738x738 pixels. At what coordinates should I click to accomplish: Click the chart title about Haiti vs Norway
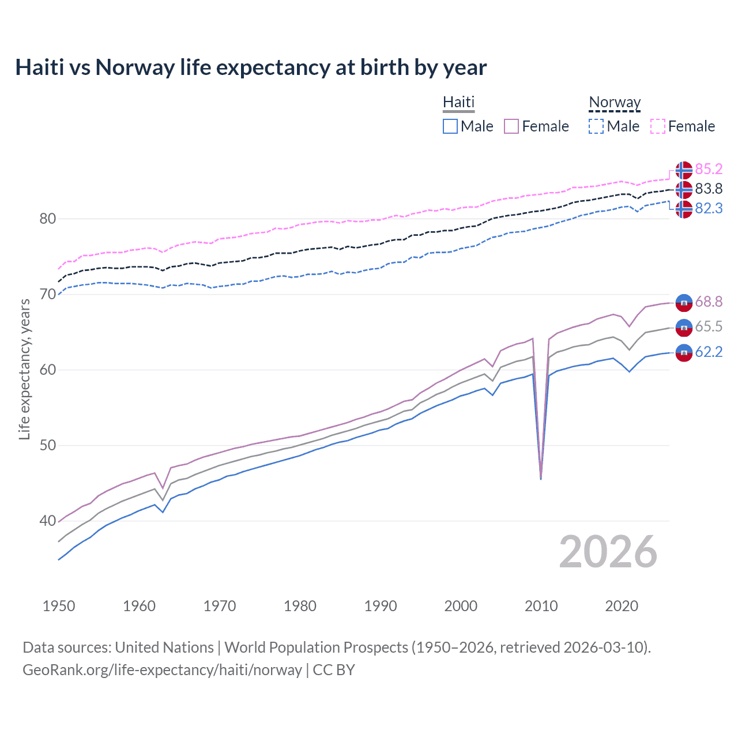coord(251,67)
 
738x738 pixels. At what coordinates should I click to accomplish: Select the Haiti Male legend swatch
coord(450,126)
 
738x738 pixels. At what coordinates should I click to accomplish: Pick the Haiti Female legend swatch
coord(511,126)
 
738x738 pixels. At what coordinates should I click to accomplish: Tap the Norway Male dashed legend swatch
coord(596,126)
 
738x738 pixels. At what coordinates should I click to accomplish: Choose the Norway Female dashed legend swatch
coord(658,126)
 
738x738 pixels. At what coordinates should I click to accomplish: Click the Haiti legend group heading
coord(458,102)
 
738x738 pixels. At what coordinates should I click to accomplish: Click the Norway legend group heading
coord(615,102)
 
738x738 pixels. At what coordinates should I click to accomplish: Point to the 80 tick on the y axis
coord(48,219)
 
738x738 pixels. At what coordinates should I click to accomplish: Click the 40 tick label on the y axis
coord(48,521)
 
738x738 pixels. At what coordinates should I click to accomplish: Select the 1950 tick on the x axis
coord(59,606)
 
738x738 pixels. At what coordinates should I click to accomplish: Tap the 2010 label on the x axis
coord(541,606)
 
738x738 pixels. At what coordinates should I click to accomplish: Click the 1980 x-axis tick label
coord(300,606)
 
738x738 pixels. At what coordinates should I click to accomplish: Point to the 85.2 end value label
coord(709,169)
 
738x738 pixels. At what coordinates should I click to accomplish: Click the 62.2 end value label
coord(709,352)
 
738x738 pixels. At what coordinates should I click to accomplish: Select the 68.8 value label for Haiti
coord(709,302)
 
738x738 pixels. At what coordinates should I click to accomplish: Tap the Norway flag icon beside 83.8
coord(684,189)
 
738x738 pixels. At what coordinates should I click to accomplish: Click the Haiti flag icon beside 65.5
coord(684,327)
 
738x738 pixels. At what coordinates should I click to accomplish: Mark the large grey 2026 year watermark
coord(608,552)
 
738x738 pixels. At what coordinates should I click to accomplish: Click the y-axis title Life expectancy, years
coord(24,369)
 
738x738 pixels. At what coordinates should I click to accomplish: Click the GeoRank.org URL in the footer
coord(162,670)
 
